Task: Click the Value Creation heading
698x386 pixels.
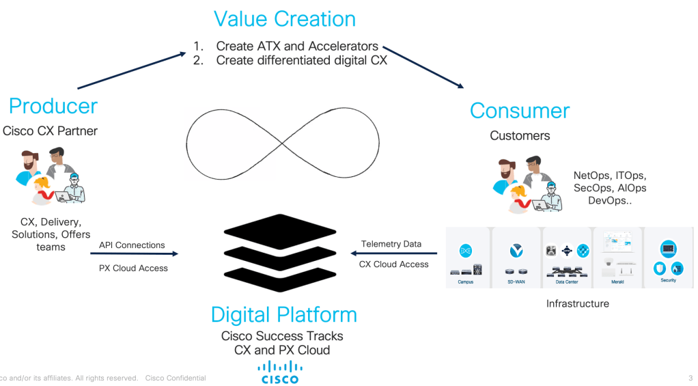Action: pos(285,19)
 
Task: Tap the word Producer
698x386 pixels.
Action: pos(53,106)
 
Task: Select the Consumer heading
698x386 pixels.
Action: pos(520,111)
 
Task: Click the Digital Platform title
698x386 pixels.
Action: pos(283,315)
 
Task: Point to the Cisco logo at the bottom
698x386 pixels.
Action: pos(279,372)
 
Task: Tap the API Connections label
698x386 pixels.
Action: pos(132,245)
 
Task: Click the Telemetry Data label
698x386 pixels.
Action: pos(391,244)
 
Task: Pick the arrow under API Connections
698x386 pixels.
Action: pos(134,254)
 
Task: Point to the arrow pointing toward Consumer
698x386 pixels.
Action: pos(423,67)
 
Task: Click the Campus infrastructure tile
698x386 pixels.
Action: pos(466,258)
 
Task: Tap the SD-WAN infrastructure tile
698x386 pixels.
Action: pos(516,258)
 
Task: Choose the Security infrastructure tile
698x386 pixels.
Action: pos(668,258)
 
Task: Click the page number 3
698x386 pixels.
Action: pos(690,378)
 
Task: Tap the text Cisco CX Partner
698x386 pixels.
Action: pos(50,130)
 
